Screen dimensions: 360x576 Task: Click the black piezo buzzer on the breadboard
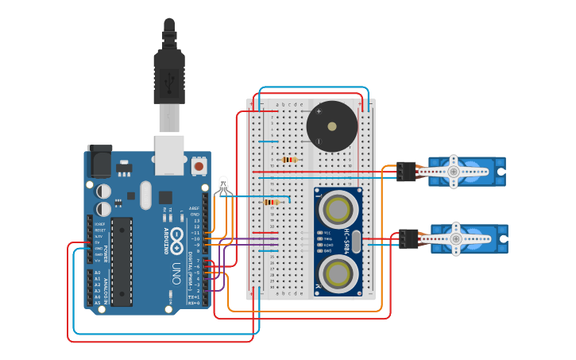331,126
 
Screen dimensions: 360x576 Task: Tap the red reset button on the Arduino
198,166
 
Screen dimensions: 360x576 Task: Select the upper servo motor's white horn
454,171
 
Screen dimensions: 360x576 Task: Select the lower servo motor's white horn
455,238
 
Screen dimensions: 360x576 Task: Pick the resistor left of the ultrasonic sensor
272,202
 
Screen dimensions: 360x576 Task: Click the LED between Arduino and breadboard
224,187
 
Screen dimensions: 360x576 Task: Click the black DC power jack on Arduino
99,162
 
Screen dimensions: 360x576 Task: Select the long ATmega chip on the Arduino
122,261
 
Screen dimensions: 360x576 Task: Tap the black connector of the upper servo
406,171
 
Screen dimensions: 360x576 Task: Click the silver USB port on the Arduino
169,154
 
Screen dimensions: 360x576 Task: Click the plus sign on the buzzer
319,111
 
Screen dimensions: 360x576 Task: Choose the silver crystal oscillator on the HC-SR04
356,242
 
